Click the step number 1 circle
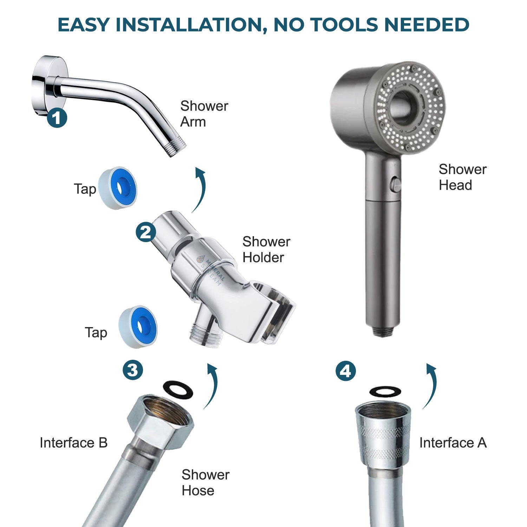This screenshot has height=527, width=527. (57, 118)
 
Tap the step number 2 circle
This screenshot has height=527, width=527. (146, 232)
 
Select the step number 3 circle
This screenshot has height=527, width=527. (133, 370)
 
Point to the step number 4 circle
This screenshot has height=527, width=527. (346, 371)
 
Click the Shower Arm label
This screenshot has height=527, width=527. (204, 114)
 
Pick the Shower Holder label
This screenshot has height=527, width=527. (266, 249)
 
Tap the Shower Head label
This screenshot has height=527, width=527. (462, 177)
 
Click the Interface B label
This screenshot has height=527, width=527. (73, 443)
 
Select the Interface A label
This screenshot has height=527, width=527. (453, 443)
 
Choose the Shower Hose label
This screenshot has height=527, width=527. (205, 482)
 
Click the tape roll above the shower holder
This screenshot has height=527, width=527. (118, 188)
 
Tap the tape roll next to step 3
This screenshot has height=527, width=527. (138, 327)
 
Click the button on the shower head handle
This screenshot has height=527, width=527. (396, 185)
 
